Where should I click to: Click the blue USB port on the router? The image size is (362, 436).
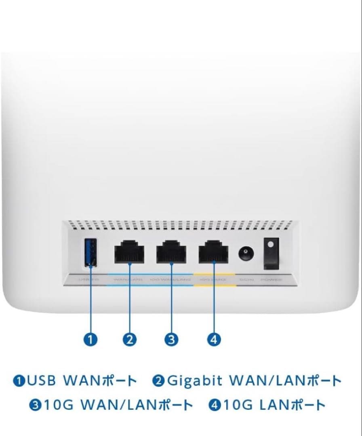click(x=91, y=253)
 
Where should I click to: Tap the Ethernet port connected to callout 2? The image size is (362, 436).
click(x=129, y=253)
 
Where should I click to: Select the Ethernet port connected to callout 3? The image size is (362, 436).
click(x=171, y=253)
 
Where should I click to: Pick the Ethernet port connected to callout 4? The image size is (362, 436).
click(x=213, y=253)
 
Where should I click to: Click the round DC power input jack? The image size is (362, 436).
click(x=244, y=254)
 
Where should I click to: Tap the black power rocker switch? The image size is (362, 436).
click(x=271, y=253)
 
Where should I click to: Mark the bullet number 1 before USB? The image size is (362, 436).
click(x=19, y=381)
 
